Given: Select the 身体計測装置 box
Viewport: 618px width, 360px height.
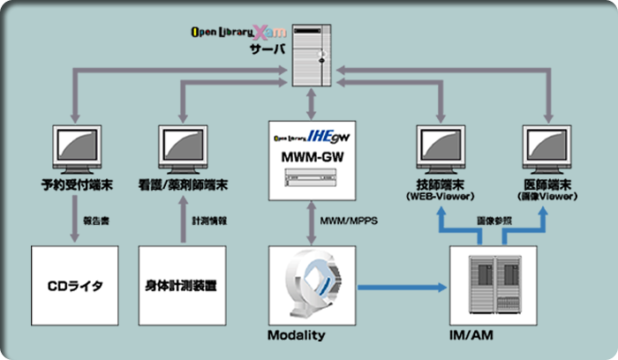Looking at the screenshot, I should [183, 286].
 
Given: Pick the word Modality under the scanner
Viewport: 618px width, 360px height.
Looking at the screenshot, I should [296, 336].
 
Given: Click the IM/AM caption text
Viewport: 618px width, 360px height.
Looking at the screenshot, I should [486, 336].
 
